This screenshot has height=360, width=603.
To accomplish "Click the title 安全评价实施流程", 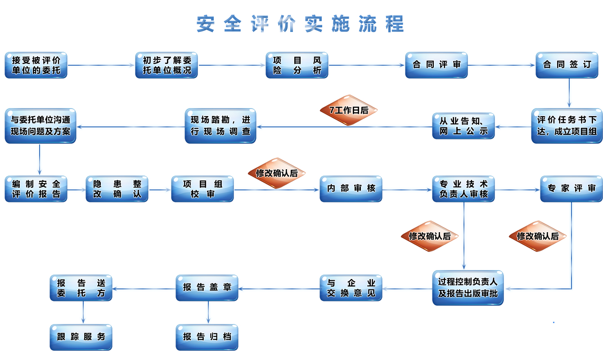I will click(x=300, y=24).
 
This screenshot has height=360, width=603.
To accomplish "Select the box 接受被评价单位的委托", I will click(x=36, y=65).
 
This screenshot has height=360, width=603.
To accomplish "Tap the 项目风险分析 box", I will click(x=297, y=65).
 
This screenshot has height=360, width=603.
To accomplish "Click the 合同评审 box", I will click(x=436, y=65).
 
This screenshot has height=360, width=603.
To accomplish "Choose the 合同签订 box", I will click(x=567, y=65).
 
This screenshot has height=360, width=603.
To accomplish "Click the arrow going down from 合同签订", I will click(x=569, y=93).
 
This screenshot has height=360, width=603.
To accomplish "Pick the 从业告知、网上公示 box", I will click(x=463, y=126).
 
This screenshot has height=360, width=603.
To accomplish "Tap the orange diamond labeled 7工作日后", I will click(x=349, y=110).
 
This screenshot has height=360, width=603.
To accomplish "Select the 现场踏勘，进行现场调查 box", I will click(x=220, y=126).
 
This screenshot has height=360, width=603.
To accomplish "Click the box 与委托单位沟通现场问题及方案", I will click(x=40, y=126).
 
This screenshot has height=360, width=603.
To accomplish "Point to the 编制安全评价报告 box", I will click(x=36, y=189).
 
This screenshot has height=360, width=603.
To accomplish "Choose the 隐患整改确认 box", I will click(x=117, y=189).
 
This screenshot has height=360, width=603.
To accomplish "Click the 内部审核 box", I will click(x=351, y=189).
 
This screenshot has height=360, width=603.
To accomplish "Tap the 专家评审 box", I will click(x=571, y=189).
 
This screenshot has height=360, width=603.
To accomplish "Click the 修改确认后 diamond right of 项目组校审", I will click(x=277, y=173).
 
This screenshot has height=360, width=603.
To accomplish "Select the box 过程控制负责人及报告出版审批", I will click(x=468, y=288).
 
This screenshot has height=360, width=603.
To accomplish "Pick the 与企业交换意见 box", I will click(x=351, y=288).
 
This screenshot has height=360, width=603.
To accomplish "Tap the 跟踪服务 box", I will click(x=81, y=337).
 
